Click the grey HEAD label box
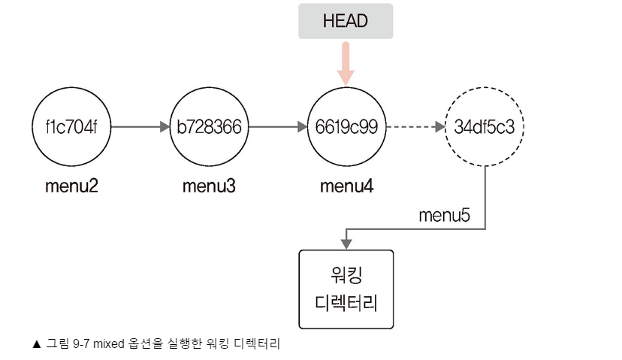click(x=345, y=21)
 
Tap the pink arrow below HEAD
click(x=345, y=64)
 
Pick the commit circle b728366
click(x=209, y=127)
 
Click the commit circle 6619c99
click(x=346, y=127)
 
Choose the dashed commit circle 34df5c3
click(x=485, y=127)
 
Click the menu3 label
click(x=209, y=185)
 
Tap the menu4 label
click(x=346, y=185)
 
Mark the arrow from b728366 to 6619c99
click(x=277, y=127)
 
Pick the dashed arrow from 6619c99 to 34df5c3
click(x=415, y=127)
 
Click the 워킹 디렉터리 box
click(x=346, y=289)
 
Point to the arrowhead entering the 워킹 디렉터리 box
click(x=346, y=244)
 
